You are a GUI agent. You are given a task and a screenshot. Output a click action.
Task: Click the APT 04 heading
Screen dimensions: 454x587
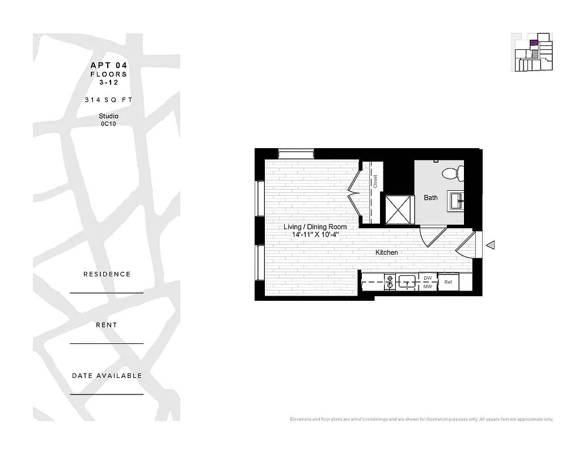pos(108,65)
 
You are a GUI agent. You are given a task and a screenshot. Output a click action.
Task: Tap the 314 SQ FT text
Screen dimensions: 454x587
pos(108,99)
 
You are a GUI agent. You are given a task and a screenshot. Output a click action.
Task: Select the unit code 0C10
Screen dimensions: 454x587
pos(108,124)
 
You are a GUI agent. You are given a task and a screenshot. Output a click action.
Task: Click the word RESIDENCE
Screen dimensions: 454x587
pos(107,274)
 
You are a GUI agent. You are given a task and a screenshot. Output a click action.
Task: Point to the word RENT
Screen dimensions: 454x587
pos(107,325)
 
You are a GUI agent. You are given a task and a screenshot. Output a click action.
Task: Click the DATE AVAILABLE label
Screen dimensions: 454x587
pos(107,376)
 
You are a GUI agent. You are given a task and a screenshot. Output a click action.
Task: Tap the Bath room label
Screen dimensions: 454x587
pos(430,197)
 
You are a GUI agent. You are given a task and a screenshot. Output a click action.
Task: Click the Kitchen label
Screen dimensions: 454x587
pos(386,252)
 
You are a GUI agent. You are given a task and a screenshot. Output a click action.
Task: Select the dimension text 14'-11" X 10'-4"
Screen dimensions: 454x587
pos(315,234)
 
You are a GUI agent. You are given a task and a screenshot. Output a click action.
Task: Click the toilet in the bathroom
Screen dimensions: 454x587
pos(453,173)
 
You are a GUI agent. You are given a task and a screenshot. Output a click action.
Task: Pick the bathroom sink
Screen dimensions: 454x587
pos(457,200)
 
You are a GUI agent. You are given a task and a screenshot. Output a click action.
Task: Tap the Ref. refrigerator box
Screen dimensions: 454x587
pos(448,282)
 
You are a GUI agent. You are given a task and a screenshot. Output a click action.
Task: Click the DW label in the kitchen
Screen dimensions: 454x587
pos(428,278)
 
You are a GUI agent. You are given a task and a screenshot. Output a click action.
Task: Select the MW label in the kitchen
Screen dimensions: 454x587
pos(428,287)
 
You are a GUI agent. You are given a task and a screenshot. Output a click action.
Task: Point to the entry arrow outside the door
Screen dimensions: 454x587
pos(491,245)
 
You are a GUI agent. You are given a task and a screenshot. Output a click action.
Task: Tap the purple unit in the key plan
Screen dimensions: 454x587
pos(533,43)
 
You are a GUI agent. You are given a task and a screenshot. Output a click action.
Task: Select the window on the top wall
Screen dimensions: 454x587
pos(296,153)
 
